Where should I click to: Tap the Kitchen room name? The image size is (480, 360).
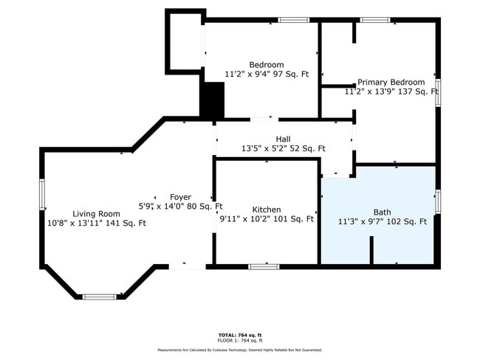tap(266, 210)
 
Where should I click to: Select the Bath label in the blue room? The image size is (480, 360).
tap(382, 212)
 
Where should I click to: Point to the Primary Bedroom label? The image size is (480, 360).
tap(391, 83)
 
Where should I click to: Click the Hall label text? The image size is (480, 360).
tap(283, 139)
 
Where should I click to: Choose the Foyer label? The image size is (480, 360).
tap(180, 197)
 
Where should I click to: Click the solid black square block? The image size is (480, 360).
tap(213, 100)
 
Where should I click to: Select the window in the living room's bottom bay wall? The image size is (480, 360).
tap(99, 297)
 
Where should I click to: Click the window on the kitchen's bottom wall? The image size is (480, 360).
tap(264, 266)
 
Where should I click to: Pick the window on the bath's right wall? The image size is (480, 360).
tap(438, 201)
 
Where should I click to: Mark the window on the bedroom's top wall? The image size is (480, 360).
tap(293, 20)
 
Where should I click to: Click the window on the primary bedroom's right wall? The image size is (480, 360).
tap(438, 92)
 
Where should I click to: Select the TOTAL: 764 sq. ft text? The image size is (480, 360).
tap(239, 335)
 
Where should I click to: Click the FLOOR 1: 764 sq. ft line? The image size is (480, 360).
tap(239, 341)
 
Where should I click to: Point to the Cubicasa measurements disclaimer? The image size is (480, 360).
tap(239, 350)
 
